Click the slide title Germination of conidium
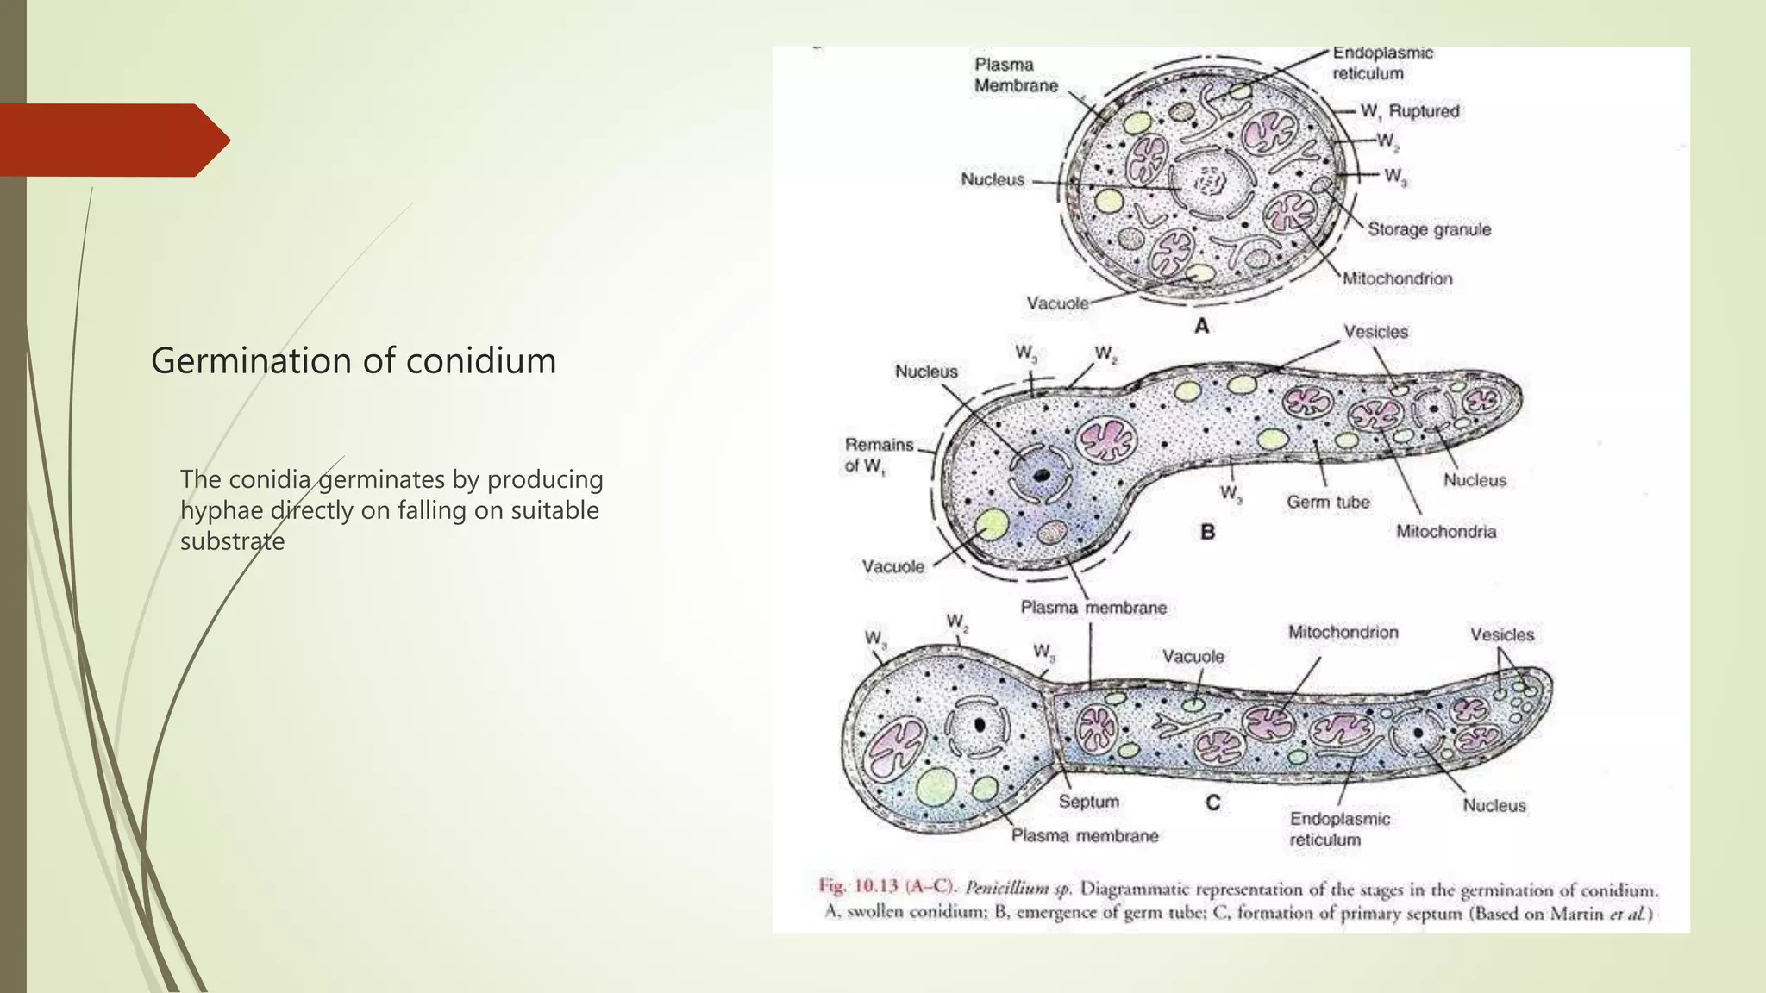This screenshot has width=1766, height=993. (x=354, y=360)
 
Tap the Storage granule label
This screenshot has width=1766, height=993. (x=1429, y=229)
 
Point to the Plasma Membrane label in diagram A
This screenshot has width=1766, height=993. (x=1016, y=75)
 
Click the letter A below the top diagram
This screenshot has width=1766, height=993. (x=1201, y=327)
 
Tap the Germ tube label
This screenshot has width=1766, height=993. (x=1328, y=502)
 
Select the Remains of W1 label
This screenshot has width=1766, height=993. (x=879, y=455)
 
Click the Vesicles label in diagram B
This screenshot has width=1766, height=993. (x=1375, y=332)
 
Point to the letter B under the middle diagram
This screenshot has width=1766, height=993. (x=1207, y=532)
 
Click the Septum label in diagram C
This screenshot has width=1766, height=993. (x=1088, y=802)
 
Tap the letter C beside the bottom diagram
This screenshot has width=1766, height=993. (x=1212, y=803)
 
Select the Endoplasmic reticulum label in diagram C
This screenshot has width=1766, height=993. (x=1339, y=829)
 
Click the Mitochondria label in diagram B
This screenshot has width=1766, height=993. (x=1446, y=532)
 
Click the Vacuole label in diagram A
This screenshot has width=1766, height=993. (x=1057, y=303)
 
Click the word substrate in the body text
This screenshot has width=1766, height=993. (x=232, y=541)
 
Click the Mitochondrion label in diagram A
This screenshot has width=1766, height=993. (x=1397, y=278)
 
